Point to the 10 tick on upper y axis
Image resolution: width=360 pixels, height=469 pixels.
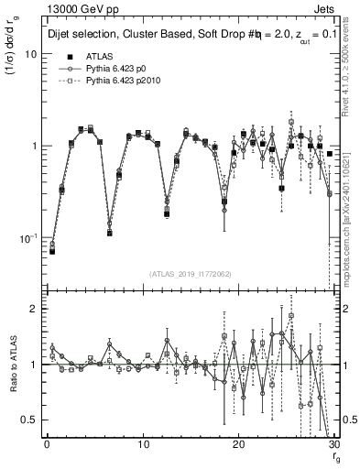click(30, 54)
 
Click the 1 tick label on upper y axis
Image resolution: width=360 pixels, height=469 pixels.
click(33, 146)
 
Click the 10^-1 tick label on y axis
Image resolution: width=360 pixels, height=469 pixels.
click(27, 238)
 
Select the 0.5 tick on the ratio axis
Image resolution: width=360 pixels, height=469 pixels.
click(29, 420)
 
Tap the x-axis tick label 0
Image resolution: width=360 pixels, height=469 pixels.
click(47, 446)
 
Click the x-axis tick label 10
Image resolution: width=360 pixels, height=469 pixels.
click(142, 446)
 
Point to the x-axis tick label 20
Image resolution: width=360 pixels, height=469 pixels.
click(238, 446)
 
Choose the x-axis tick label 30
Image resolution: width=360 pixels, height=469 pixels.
click(333, 446)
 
